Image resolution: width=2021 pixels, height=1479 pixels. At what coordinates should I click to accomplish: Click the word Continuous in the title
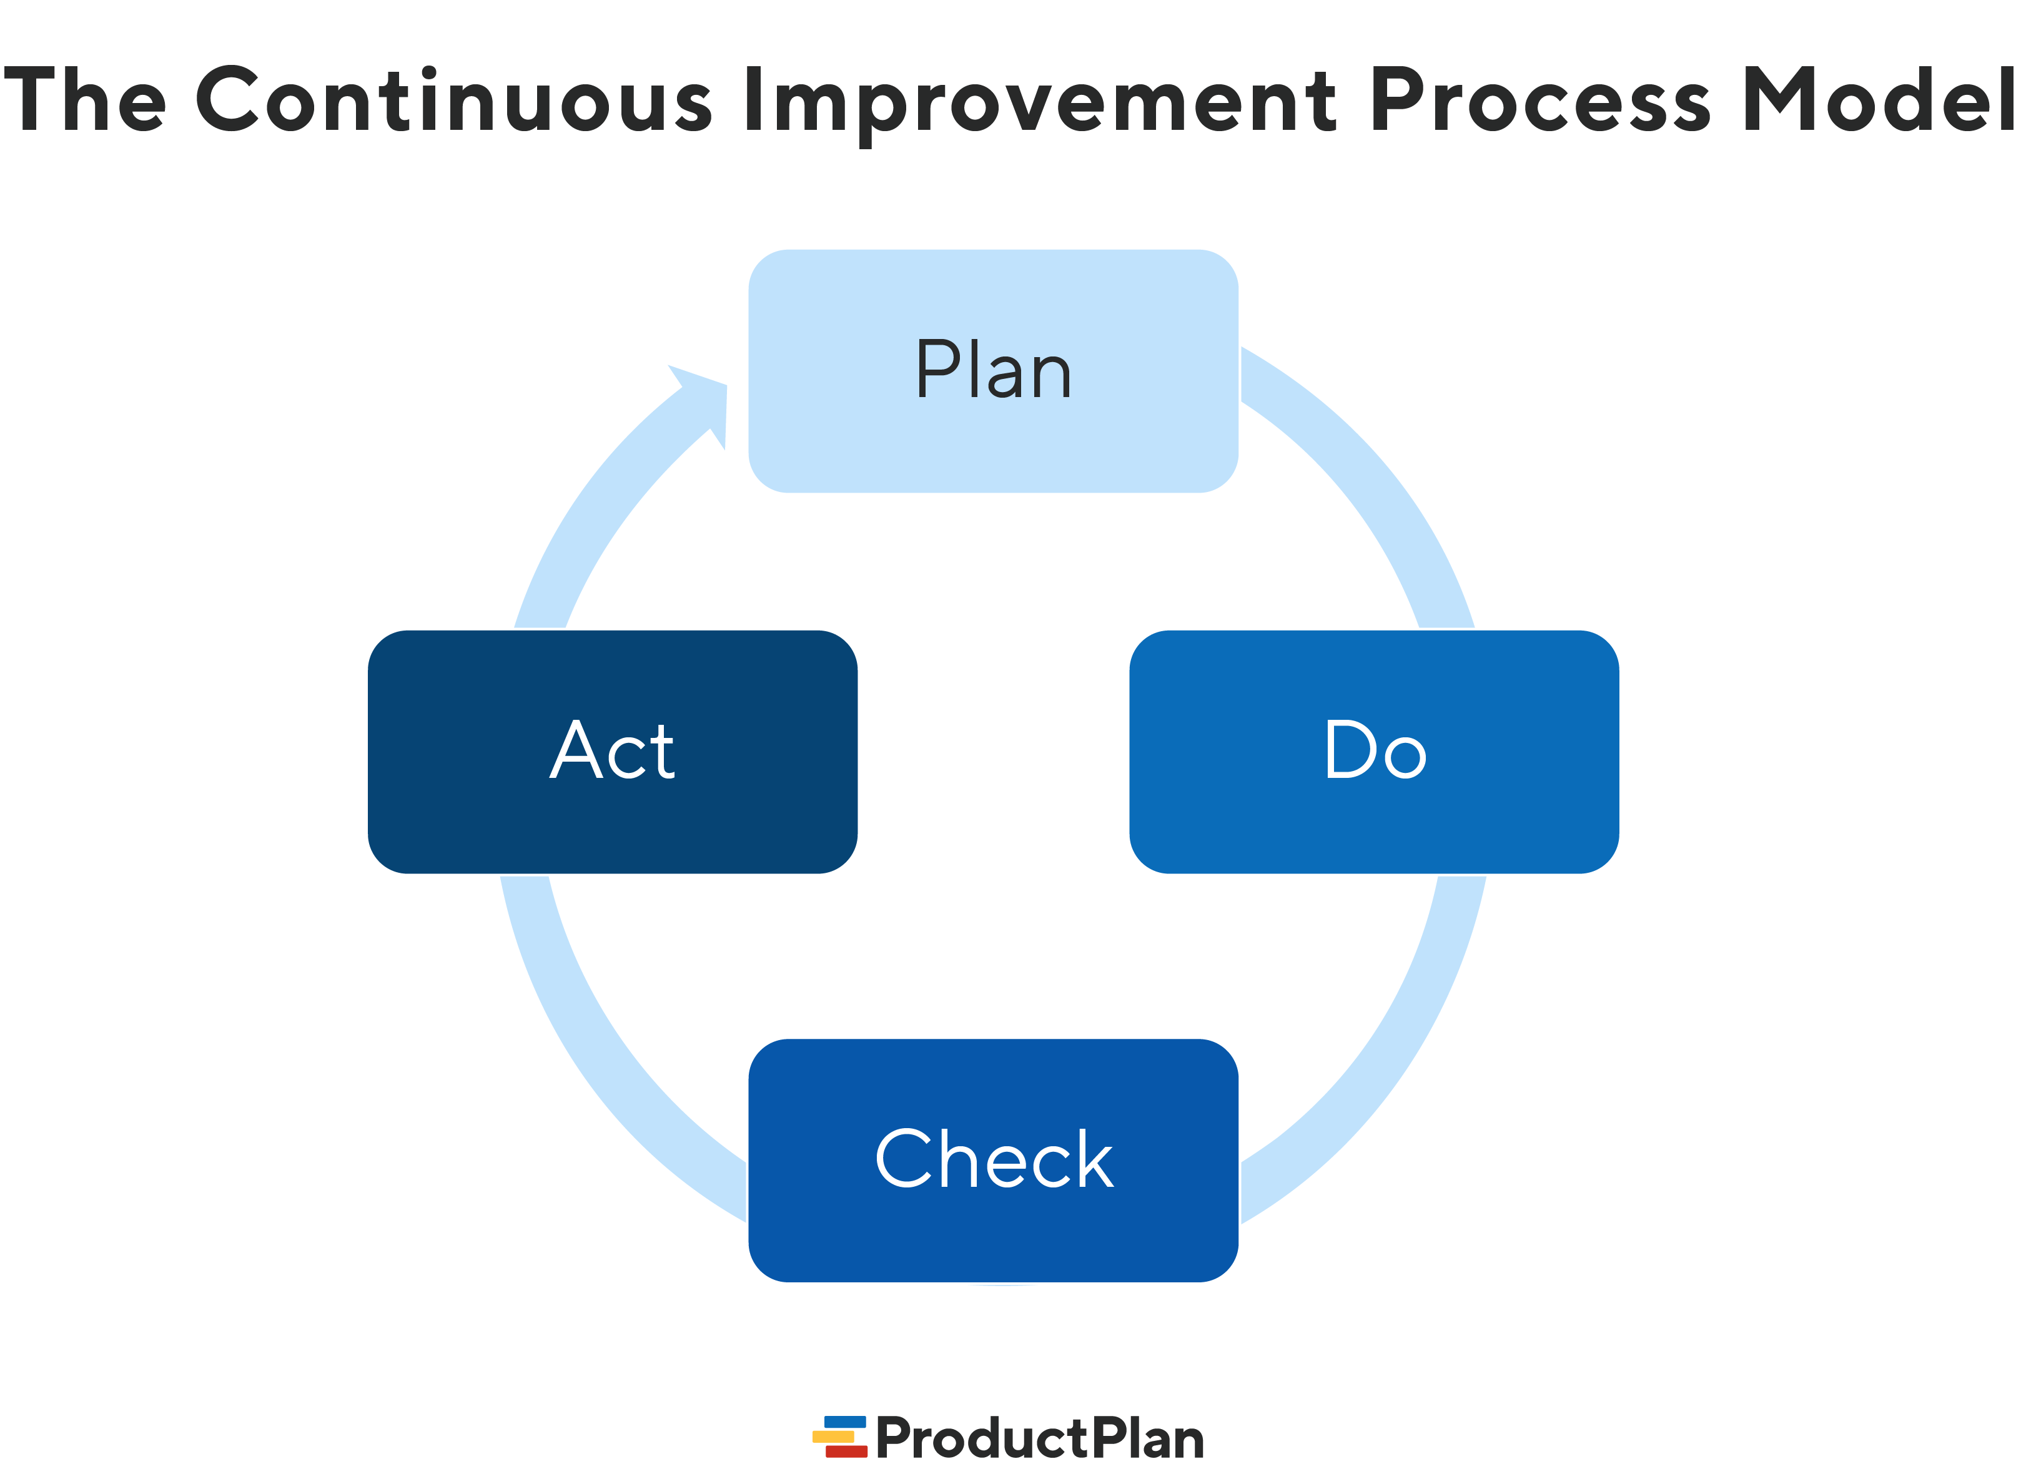pyautogui.click(x=453, y=101)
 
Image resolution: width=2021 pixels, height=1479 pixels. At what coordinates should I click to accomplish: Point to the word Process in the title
pyautogui.click(x=1539, y=101)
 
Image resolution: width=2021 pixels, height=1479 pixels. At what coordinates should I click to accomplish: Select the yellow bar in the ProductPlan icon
pyautogui.click(x=833, y=1436)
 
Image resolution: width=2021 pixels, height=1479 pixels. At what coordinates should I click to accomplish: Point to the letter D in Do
pyautogui.click(x=1350, y=749)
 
